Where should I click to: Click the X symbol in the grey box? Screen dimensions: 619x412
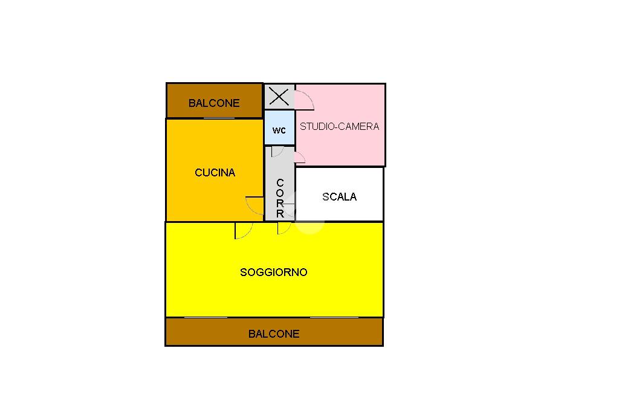tap(279, 96)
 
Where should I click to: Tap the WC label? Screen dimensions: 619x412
tap(279, 130)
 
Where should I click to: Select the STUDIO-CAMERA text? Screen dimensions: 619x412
tap(339, 126)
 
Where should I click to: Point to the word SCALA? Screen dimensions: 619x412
tap(339, 196)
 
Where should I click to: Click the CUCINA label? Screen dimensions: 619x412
tap(215, 173)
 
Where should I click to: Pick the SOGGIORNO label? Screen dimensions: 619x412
tap(274, 272)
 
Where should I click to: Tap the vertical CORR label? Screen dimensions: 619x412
tap(280, 198)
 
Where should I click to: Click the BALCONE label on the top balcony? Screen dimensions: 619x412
tap(214, 103)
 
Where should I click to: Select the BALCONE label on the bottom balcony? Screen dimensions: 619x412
tap(274, 333)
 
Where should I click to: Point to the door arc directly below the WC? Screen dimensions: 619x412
tap(277, 152)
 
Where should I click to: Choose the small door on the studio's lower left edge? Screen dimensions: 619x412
tap(300, 158)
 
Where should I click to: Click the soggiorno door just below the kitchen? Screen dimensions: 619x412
tap(243, 231)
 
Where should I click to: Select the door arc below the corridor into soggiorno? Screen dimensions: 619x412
tap(284, 228)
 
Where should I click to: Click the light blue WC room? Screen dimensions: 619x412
tap(279, 121)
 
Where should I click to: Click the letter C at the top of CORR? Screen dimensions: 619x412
tap(280, 183)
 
